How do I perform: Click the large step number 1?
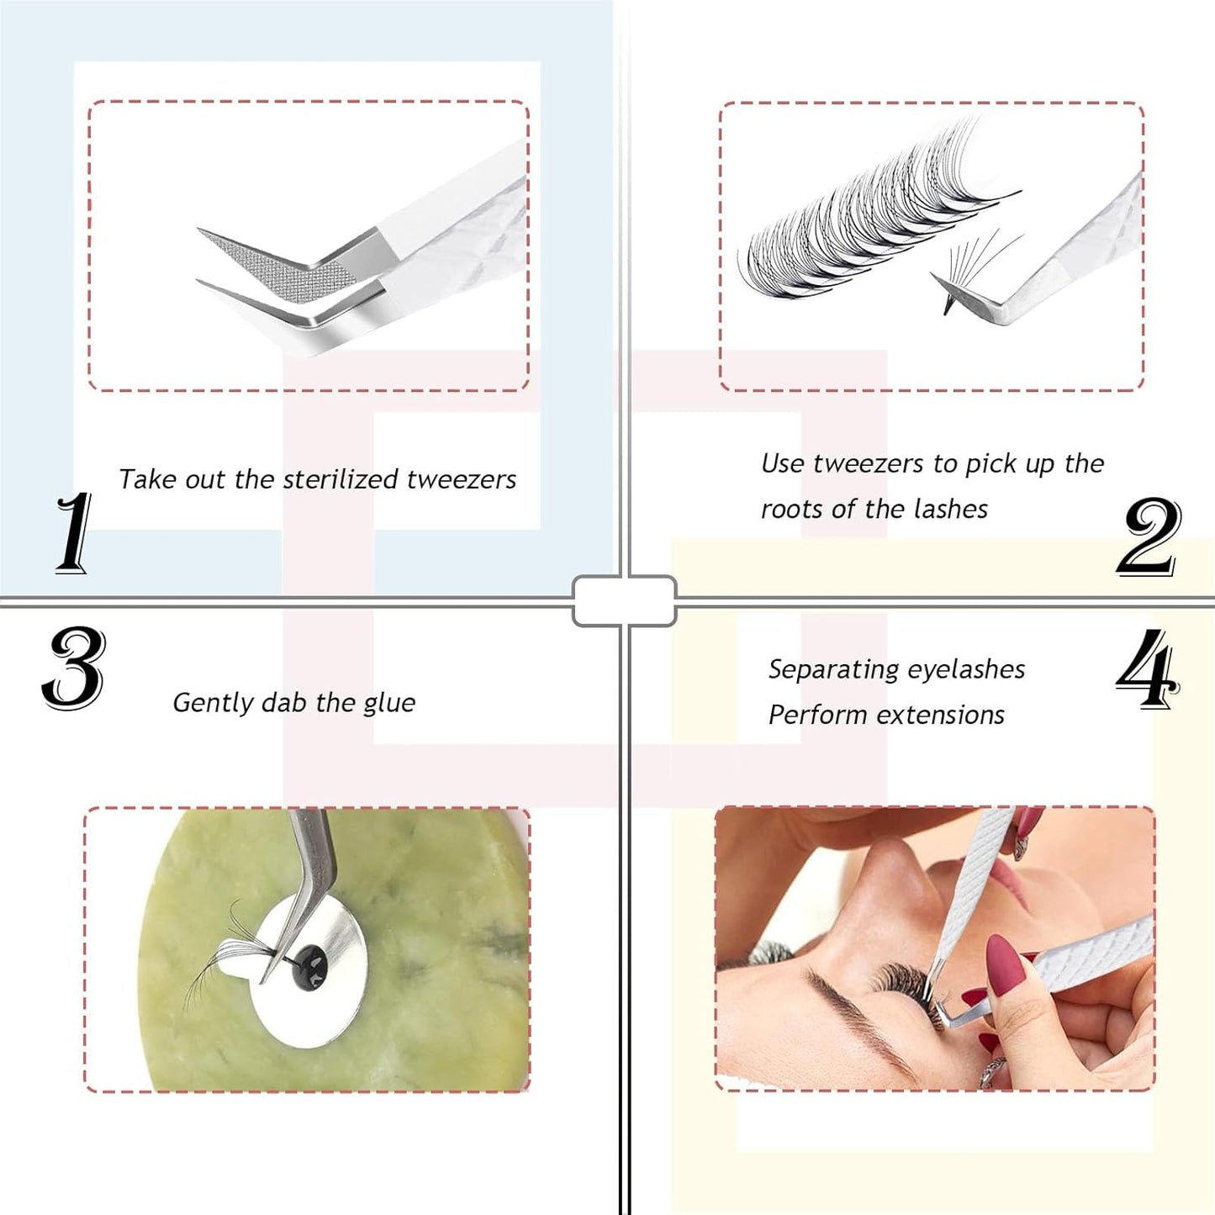click(x=74, y=533)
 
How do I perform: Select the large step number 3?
click(x=74, y=668)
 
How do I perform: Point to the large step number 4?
click(x=1147, y=669)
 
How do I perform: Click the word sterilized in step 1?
click(x=341, y=479)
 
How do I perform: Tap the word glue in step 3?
click(x=389, y=703)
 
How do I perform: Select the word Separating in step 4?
click(x=832, y=669)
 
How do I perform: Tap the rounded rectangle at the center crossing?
click(x=624, y=600)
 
